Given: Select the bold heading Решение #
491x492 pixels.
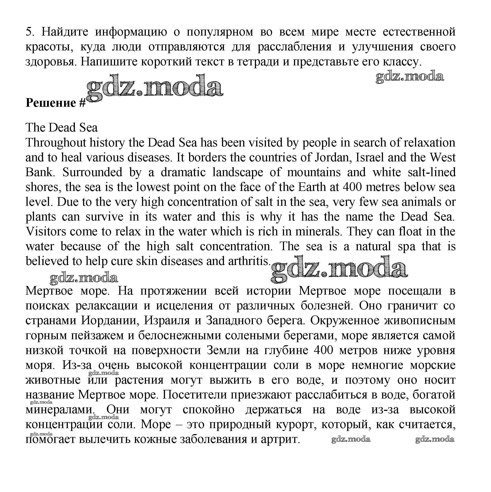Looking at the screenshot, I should [55, 103].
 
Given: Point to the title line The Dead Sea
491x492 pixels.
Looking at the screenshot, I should [61, 128].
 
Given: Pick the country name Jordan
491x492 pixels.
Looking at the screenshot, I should [332, 158].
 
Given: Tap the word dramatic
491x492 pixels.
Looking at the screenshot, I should [183, 172].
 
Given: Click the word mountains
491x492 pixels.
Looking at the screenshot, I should [314, 172].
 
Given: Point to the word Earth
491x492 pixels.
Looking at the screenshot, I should [312, 187].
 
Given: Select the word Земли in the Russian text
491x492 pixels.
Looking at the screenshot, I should [223, 350].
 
